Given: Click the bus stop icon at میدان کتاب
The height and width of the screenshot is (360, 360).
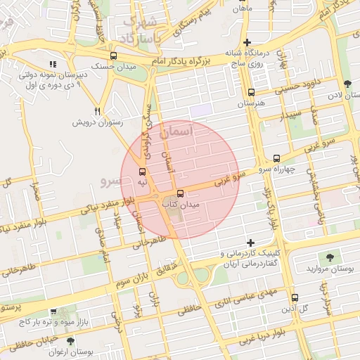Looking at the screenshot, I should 181,193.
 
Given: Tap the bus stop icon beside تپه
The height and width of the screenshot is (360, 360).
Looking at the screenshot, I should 143,172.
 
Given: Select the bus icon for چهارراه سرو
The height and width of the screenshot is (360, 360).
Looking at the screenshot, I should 276,159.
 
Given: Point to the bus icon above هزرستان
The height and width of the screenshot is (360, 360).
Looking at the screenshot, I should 251,92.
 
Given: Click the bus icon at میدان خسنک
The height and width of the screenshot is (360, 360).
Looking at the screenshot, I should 114,55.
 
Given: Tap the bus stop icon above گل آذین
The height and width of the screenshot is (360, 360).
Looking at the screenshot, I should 295,297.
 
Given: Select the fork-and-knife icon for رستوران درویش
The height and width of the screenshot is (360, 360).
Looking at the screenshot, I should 98,111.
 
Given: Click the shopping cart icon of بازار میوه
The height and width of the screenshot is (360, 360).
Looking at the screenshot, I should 53,311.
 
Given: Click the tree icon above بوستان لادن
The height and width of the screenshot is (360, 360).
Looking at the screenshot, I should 347,84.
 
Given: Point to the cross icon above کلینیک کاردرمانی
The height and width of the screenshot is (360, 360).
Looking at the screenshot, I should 251,243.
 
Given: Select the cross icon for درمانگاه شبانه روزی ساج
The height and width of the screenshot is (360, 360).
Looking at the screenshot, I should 247,42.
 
